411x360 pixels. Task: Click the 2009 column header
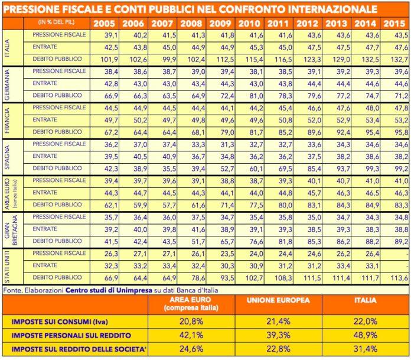(x=220, y=24)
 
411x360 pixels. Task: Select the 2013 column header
(x=336, y=24)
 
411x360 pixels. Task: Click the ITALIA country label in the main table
(x=7, y=48)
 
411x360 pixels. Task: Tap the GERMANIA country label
(x=7, y=85)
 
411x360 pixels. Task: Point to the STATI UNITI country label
(x=7, y=267)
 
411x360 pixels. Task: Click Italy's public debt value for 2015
(x=399, y=60)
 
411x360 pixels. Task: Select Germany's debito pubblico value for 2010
(x=256, y=96)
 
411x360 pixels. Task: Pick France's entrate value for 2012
(x=314, y=121)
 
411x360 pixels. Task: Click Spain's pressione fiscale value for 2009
(x=227, y=145)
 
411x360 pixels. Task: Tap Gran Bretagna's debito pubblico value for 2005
(x=111, y=242)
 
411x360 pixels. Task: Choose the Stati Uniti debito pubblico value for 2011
(x=283, y=278)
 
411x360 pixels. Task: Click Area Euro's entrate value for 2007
(x=169, y=193)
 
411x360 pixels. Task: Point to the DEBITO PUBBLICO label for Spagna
(x=57, y=168)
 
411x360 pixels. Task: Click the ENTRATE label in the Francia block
(x=45, y=119)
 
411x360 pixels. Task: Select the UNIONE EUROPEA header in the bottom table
(x=278, y=300)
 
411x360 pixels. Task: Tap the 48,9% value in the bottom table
(x=366, y=335)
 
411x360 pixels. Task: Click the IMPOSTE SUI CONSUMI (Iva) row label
(x=60, y=322)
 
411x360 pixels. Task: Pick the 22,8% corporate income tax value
(x=278, y=349)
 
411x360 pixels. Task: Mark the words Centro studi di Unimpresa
(x=109, y=290)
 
